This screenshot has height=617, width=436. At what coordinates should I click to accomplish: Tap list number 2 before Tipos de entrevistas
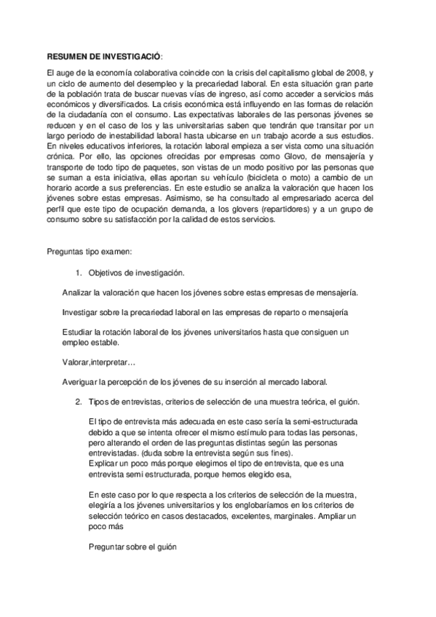pos(79,402)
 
